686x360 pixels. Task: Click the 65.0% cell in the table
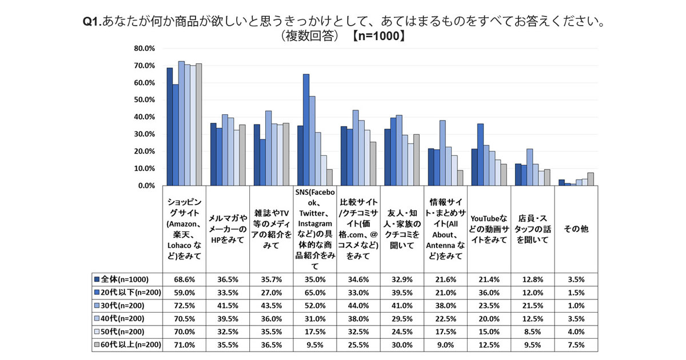314,293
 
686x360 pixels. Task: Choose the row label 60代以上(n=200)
129,345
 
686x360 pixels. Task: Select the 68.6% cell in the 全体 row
184,279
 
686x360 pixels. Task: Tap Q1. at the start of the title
93,22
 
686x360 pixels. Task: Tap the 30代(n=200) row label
122,306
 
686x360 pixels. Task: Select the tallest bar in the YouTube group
480,155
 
